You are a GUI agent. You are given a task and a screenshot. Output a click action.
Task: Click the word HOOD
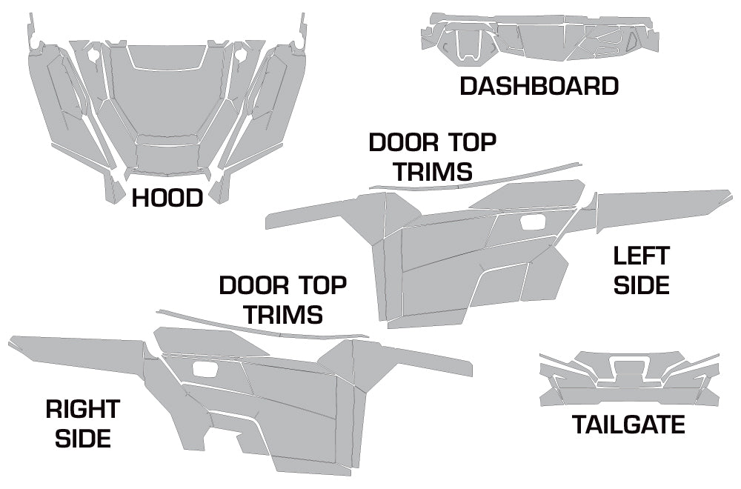point(167,198)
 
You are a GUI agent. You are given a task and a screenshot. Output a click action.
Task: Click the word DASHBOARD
point(539,86)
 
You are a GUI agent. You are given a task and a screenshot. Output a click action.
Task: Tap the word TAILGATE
point(628,425)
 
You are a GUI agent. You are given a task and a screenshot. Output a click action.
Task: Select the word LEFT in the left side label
point(641,256)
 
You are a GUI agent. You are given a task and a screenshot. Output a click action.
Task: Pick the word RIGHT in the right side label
point(82,409)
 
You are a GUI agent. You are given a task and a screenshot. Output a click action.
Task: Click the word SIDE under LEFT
point(641,285)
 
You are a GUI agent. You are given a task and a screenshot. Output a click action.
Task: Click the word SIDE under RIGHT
point(83,438)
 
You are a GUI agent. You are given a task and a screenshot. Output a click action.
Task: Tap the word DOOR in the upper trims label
point(403,142)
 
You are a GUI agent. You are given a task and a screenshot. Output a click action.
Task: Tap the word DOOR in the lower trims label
point(253,285)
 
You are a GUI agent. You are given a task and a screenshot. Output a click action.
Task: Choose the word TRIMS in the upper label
point(433,171)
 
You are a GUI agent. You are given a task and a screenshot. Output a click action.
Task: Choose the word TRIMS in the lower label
point(284,314)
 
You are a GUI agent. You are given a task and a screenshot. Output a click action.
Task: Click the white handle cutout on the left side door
point(534,221)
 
